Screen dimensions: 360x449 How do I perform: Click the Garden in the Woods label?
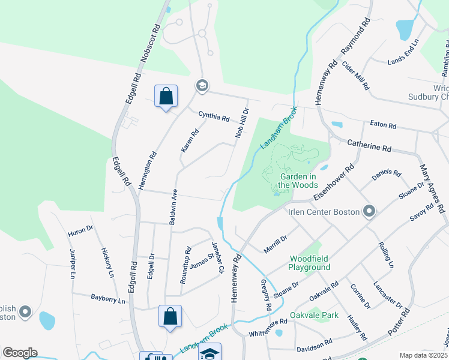coord(298,181)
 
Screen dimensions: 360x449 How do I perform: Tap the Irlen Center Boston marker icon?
coord(369,211)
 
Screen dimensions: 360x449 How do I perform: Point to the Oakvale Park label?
coord(314,315)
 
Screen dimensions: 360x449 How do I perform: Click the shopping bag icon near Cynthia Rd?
coord(166,96)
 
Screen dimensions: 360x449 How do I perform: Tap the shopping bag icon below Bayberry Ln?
coord(170,316)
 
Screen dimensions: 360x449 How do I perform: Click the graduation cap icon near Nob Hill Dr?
coord(202,86)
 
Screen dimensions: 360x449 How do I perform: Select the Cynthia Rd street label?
coord(214,116)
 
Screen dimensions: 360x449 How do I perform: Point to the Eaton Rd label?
coord(383,125)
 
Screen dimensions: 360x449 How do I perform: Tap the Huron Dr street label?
coord(80,229)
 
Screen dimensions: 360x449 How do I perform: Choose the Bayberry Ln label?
coord(108,298)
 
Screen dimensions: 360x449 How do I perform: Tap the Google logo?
coord(20,353)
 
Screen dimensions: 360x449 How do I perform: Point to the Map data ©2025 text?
coord(423,355)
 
